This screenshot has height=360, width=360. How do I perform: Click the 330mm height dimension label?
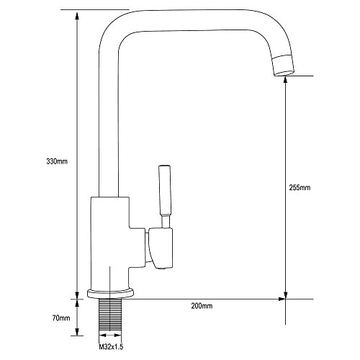57,161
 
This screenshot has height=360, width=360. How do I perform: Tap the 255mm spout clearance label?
300,187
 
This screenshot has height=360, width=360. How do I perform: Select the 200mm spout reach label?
202,306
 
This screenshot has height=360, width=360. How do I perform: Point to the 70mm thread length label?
61,318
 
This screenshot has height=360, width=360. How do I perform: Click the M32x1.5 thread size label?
111,347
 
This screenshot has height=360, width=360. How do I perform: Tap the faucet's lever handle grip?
165,189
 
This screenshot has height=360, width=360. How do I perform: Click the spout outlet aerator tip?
283,66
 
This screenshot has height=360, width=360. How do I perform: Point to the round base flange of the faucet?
110,294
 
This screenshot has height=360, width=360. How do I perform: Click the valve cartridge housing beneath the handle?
161,248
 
